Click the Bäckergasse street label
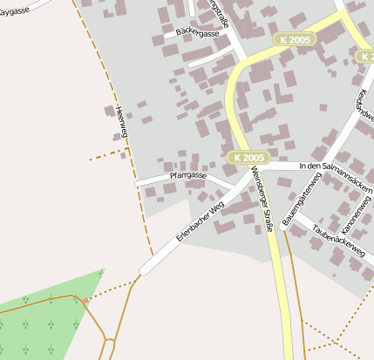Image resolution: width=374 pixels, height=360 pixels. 197,33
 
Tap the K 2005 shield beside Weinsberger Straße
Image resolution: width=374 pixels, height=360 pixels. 248,158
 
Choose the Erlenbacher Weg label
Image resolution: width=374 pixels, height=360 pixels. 201,221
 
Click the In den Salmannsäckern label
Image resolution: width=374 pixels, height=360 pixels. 335,166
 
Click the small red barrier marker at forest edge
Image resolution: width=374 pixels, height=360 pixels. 85,300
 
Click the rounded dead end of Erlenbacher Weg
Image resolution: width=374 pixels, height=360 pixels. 145,269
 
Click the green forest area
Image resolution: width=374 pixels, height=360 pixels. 44,318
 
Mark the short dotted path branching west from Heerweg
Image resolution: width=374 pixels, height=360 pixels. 106,155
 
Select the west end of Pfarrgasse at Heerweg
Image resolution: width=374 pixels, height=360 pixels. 138,184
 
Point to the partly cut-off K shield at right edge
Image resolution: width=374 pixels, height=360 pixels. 367,56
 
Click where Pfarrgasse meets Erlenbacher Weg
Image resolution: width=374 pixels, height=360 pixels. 232,190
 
